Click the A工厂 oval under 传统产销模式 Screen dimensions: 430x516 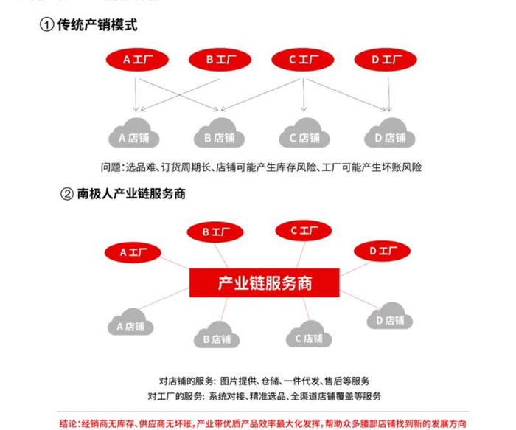tap(136, 60)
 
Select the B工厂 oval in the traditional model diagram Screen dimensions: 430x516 tap(220, 60)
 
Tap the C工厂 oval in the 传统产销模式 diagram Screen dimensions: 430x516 tap(303, 60)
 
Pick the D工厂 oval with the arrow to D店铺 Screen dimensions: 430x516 tap(386, 60)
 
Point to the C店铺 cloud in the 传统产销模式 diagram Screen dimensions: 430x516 tap(304, 135)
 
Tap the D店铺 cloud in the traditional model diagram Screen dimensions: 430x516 tap(388, 135)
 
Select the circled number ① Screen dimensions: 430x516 tap(46, 25)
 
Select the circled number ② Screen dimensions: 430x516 tap(66, 195)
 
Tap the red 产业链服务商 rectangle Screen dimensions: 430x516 tap(265, 282)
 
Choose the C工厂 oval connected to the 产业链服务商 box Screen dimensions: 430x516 tap(304, 231)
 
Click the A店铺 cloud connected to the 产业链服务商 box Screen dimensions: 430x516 tap(130, 324)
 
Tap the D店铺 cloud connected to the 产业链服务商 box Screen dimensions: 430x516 tap(389, 318)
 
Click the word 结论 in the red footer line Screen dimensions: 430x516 tap(69, 423)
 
